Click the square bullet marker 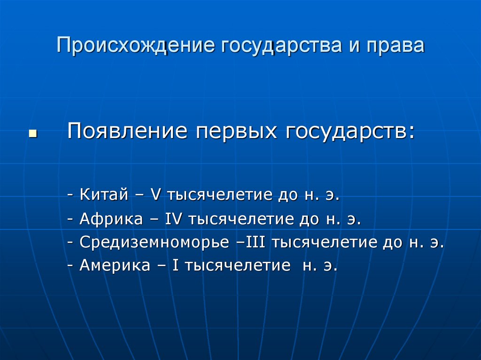coord(32,134)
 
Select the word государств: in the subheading coord(349,131)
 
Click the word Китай coord(104,194)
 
